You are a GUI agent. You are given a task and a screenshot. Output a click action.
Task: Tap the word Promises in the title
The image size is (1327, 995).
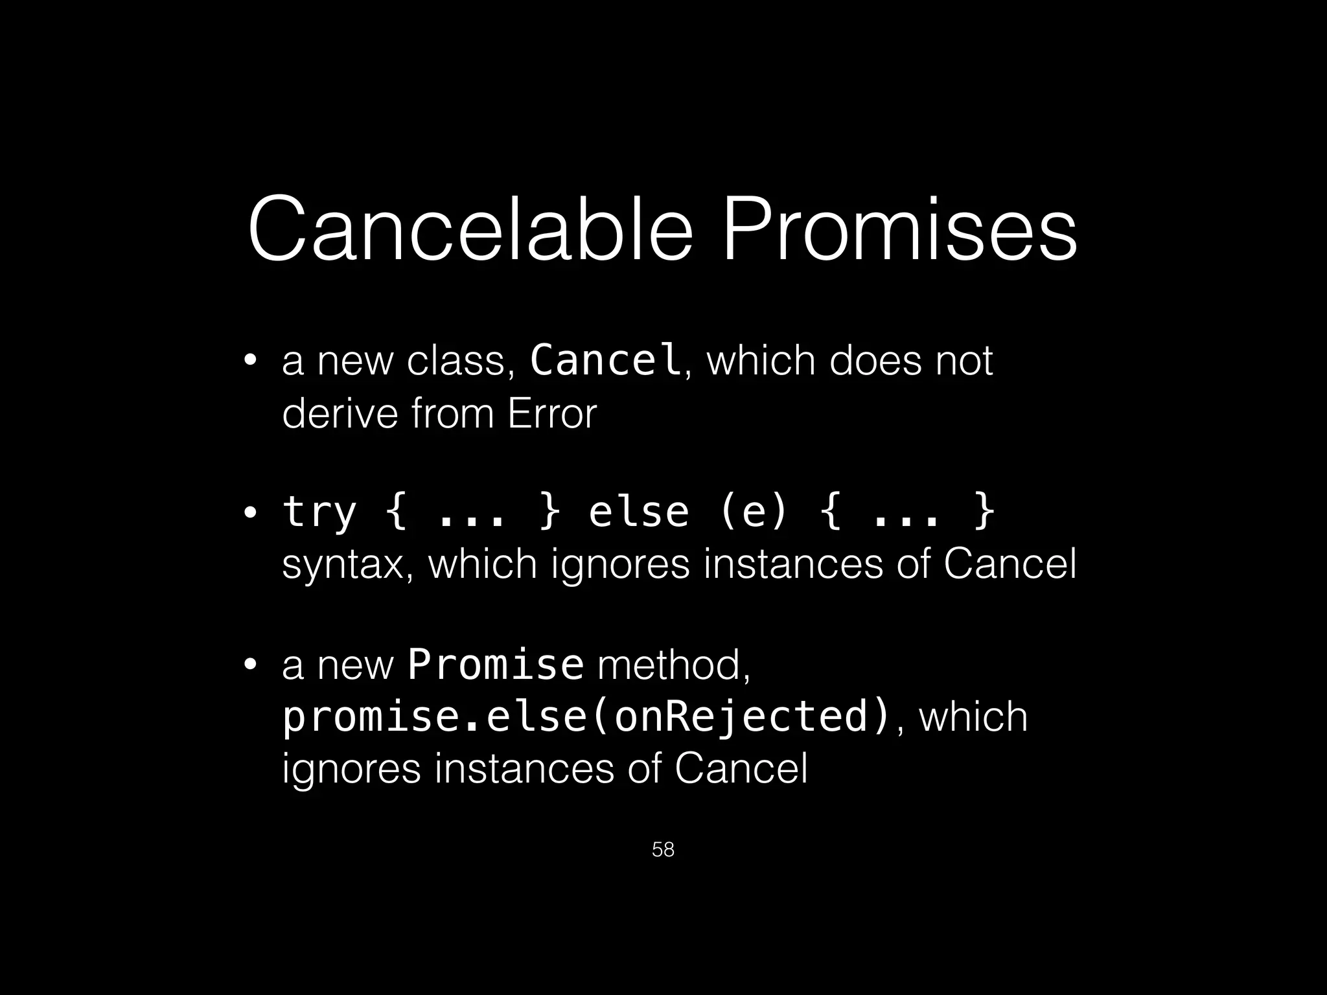click(899, 230)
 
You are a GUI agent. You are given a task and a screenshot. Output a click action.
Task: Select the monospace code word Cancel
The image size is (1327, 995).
click(605, 360)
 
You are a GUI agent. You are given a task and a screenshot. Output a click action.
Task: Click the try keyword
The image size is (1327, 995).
click(319, 512)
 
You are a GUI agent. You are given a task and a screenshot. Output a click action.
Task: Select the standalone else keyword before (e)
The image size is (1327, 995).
click(638, 512)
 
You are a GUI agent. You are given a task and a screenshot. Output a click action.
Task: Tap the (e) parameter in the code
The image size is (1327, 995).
click(754, 512)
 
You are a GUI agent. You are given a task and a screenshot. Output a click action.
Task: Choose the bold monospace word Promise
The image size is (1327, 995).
click(496, 665)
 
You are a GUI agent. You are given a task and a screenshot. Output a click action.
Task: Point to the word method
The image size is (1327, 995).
click(674, 665)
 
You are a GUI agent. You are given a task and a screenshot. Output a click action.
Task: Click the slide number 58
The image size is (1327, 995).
click(663, 849)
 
